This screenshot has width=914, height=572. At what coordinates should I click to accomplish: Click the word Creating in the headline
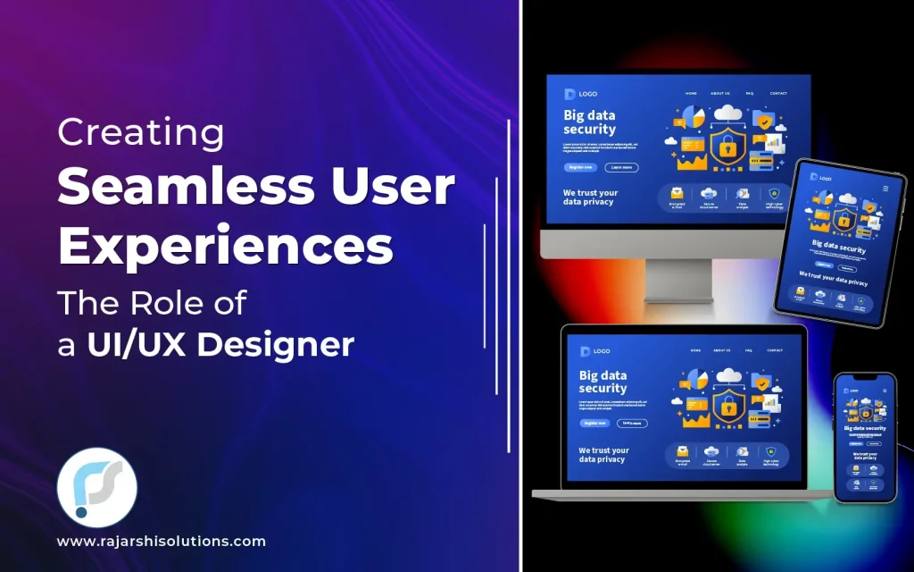pos(141,132)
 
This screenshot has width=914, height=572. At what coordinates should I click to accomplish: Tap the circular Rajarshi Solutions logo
pos(97,488)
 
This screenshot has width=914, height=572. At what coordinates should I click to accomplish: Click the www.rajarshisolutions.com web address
pos(162,542)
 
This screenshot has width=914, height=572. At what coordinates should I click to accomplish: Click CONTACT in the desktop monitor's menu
pos(778,94)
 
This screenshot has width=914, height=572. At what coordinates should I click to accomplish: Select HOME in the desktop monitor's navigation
pos(691,94)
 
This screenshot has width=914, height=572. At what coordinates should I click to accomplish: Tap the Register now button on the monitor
pos(579,167)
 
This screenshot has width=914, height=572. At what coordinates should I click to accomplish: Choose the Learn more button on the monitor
pos(621,167)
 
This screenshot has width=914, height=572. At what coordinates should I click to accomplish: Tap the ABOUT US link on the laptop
pos(722,350)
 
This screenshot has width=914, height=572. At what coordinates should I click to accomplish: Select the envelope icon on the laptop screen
pos(683,451)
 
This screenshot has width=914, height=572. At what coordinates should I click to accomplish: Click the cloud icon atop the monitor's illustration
pos(729,113)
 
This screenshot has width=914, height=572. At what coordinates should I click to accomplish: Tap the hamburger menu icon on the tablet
pos(885,189)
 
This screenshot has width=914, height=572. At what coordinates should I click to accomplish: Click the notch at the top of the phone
pos(865,379)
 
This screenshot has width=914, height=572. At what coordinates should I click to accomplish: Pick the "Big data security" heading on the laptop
pos(602,382)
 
